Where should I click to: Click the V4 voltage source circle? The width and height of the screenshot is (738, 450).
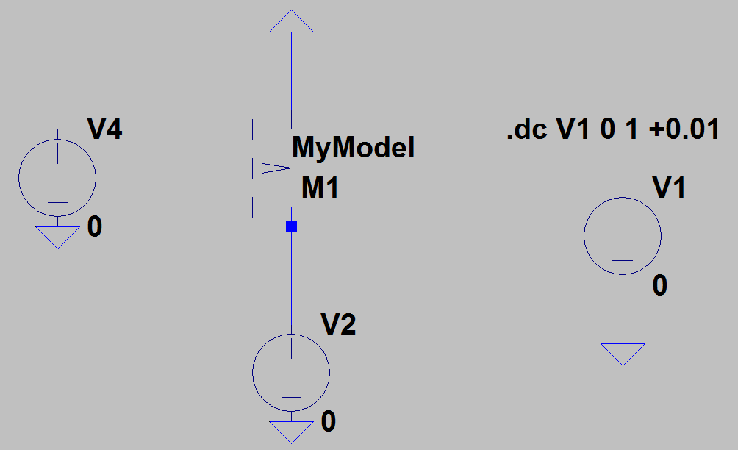57,178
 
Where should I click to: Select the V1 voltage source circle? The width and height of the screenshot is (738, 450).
623,236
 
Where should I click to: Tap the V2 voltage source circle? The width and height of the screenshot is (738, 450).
291,372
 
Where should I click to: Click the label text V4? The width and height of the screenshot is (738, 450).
104,129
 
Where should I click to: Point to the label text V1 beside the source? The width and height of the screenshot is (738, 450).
669,187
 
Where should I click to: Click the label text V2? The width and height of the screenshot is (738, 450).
338,324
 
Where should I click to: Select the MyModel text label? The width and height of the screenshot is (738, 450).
353,147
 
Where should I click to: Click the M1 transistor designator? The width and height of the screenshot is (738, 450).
320,187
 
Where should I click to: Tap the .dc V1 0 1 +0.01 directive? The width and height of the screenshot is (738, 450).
613,129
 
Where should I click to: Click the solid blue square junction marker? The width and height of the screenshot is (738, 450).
291,227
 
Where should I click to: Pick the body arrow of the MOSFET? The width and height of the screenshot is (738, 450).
276,168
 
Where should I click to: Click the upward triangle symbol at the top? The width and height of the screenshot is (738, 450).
291,21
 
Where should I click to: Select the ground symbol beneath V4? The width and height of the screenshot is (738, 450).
57,238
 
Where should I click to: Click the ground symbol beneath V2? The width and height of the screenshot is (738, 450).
291,432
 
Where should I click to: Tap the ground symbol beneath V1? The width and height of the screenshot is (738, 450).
623,354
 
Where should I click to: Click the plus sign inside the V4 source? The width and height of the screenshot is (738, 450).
57,154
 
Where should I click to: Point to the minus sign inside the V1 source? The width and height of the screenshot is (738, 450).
623,261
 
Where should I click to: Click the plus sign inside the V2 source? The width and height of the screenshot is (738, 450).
291,349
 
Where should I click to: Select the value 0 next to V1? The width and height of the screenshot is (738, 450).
660,285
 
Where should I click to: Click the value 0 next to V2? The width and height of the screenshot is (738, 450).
329,421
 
